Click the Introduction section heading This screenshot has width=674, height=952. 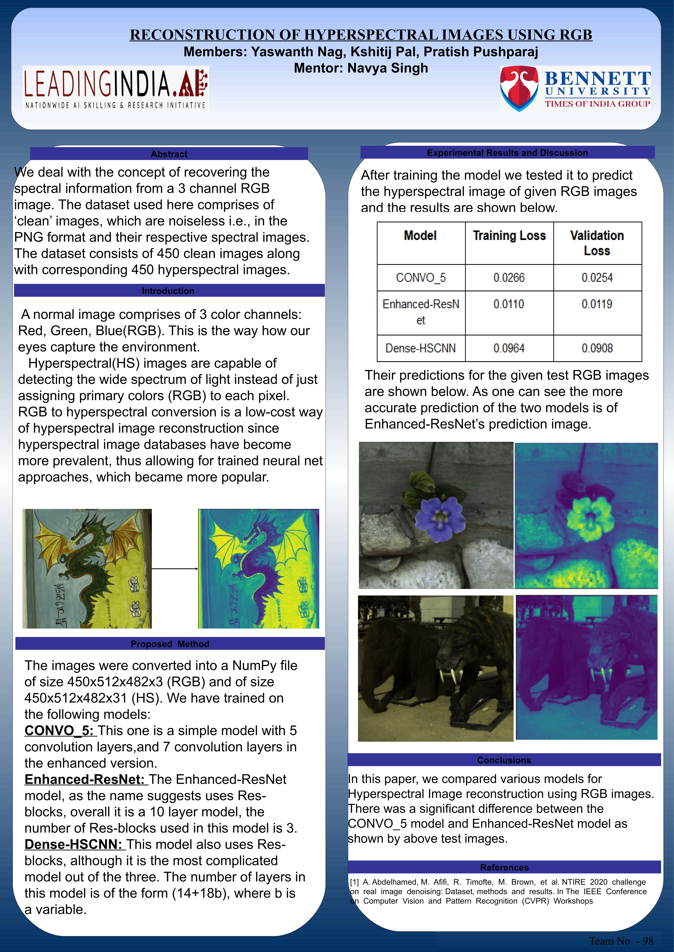(168, 291)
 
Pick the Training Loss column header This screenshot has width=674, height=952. (509, 236)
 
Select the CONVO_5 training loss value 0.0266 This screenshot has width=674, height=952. (509, 277)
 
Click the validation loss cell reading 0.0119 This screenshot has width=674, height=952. (597, 304)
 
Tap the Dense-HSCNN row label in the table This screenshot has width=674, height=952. (420, 348)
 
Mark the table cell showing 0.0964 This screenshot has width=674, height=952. (509, 348)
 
